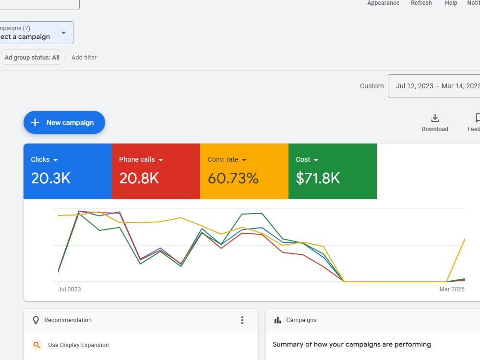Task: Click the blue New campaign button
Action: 64,122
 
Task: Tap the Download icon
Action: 435,118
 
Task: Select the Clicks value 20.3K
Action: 51,178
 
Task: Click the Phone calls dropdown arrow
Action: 161,160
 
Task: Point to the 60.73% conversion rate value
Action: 233,178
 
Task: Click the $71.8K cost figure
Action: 318,178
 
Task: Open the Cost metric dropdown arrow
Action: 316,160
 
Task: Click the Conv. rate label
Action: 223,159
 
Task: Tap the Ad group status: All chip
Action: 32,57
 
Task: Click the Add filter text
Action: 84,57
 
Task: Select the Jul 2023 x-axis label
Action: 70,289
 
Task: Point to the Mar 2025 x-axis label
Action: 452,289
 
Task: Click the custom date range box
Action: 434,86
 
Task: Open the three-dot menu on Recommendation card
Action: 242,320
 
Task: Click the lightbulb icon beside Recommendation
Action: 36,320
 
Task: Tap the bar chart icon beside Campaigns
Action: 277,320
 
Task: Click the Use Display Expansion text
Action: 78,345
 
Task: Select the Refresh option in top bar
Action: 421,3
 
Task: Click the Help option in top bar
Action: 451,3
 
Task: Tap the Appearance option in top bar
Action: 383,3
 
